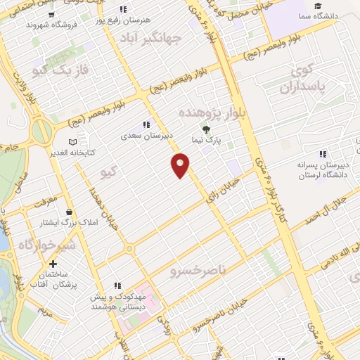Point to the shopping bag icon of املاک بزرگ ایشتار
[x=68, y=212]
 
